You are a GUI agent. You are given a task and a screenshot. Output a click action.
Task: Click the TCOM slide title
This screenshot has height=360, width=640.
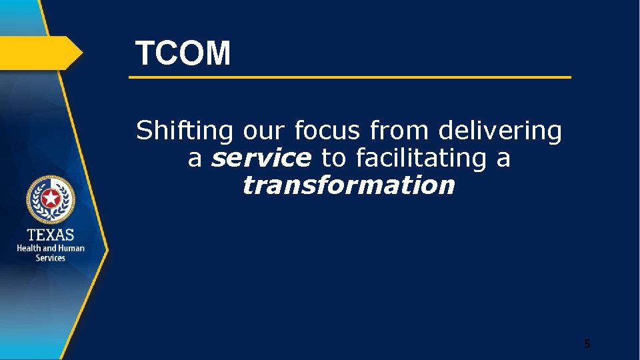183,53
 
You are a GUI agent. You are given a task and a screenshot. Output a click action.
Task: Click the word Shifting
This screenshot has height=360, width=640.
184,131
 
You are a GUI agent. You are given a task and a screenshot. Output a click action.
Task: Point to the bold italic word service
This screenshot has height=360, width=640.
261,158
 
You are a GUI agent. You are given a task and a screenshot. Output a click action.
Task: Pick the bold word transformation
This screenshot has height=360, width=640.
349,185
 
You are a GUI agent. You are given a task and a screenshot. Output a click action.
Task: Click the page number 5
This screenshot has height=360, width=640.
587,344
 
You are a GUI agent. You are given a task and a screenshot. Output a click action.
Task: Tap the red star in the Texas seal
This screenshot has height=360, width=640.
51,198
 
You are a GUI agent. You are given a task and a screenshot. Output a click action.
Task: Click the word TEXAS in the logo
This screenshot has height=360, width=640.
51,235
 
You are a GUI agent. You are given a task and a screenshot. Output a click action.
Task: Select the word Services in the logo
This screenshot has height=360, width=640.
51,258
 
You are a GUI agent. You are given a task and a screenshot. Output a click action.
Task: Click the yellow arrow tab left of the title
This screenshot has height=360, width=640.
40,53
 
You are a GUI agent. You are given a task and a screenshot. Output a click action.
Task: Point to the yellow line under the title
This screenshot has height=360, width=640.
349,77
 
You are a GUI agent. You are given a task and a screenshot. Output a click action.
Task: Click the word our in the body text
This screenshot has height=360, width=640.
254,131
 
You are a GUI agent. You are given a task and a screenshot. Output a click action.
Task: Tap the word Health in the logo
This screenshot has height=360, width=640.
29,248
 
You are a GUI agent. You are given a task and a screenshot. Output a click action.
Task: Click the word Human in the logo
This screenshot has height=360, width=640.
71,248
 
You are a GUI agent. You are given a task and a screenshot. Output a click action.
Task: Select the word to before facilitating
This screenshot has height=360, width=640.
333,158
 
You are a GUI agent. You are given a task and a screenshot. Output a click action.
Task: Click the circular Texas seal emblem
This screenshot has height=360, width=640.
51,199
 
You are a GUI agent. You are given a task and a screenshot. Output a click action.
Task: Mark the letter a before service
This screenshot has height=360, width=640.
195,159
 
